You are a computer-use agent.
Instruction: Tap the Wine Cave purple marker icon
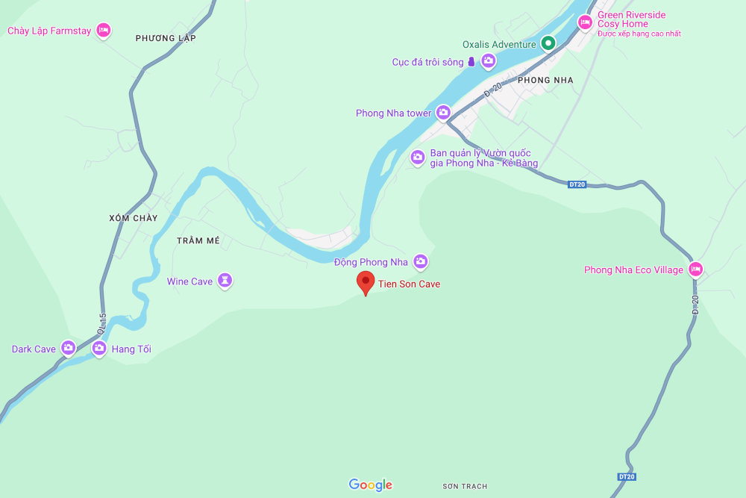tap(225, 281)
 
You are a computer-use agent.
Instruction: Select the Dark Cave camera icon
tap(69, 348)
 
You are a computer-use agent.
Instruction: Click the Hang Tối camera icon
tap(99, 348)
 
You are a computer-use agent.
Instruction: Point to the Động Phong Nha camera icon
tap(421, 261)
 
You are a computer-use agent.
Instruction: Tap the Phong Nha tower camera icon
tap(443, 113)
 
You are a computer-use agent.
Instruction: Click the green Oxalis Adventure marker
tap(548, 43)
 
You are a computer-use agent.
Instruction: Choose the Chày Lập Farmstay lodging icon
tap(104, 31)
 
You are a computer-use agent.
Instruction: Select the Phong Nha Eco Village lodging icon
tap(695, 270)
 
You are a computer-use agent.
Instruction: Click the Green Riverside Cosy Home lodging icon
tap(586, 22)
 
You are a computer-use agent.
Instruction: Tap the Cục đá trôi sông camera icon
tap(488, 62)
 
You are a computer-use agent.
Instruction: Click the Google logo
tap(370, 485)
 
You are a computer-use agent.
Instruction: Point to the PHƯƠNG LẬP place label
tap(166, 38)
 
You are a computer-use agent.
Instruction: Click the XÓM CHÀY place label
tap(134, 218)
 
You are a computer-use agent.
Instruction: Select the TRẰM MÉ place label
tap(198, 240)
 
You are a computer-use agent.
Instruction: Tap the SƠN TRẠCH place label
tap(465, 486)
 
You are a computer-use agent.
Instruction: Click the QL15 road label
tap(102, 323)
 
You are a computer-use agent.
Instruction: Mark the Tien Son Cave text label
tap(409, 284)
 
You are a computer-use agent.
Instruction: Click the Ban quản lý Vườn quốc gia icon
tap(418, 158)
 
